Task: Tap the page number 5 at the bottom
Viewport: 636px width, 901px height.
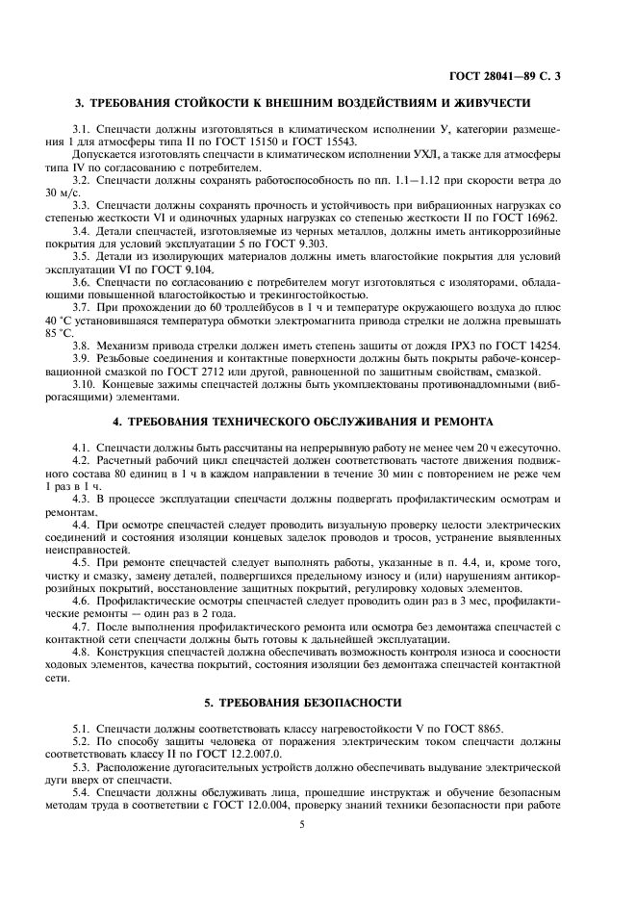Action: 318,850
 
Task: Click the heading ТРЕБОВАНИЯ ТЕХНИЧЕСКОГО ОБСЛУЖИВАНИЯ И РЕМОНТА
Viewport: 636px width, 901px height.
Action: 318,422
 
